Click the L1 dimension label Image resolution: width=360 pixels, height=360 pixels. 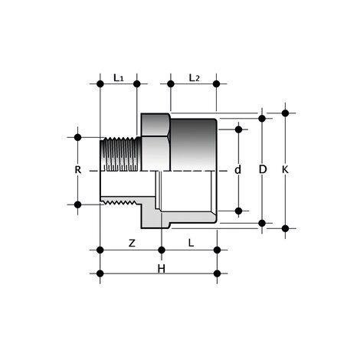(119, 77)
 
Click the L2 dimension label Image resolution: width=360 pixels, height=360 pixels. (194, 77)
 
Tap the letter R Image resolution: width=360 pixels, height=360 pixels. (78, 170)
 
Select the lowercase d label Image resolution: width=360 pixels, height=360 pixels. (237, 169)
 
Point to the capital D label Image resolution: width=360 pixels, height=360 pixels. (263, 169)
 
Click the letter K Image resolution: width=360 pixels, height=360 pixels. (285, 169)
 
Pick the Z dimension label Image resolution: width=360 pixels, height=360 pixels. (132, 243)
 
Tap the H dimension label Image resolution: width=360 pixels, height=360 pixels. (162, 269)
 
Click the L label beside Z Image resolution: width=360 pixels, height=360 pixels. (191, 243)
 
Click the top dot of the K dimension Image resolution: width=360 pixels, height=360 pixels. (285, 113)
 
